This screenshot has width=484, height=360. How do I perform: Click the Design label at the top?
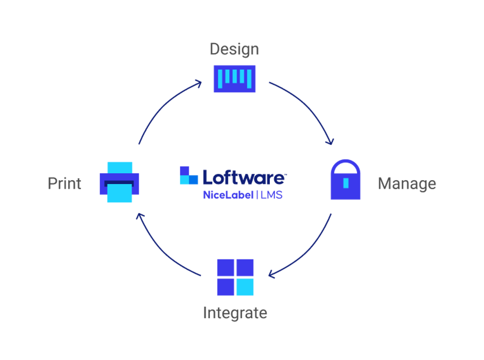(234, 50)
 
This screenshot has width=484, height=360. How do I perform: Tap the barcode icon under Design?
(234, 78)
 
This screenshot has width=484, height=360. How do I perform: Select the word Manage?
(407, 184)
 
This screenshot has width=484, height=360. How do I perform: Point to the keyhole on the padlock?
(346, 183)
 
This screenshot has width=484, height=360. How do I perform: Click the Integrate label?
(235, 313)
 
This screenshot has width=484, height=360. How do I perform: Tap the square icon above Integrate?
(235, 277)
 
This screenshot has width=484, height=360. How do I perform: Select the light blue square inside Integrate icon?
(245, 287)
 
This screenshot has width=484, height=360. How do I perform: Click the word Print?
(65, 183)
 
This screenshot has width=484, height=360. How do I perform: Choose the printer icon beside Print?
(120, 183)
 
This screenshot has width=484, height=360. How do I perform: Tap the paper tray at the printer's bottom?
(120, 193)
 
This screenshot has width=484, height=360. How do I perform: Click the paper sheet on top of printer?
(120, 166)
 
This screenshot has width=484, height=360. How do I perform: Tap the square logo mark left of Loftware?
(189, 176)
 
